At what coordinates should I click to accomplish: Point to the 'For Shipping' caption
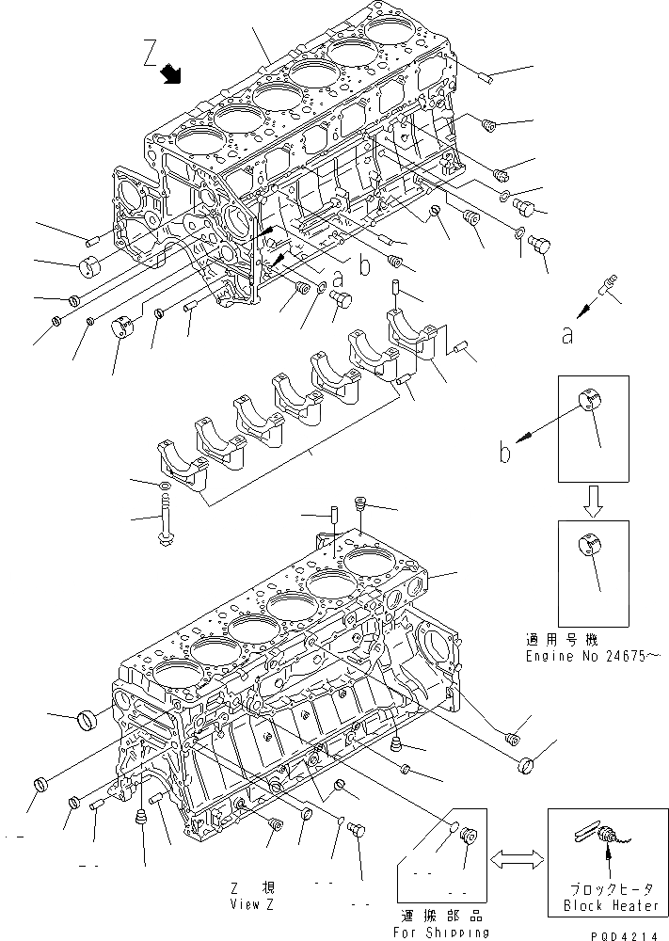pos(442,932)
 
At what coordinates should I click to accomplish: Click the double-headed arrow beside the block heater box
pos(516,858)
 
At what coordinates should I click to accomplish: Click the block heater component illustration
pos(607,834)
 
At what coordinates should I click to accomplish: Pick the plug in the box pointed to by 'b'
pos(589,405)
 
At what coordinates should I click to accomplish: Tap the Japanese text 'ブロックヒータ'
pos(607,888)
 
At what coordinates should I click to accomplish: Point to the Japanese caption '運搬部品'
pos(441,915)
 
